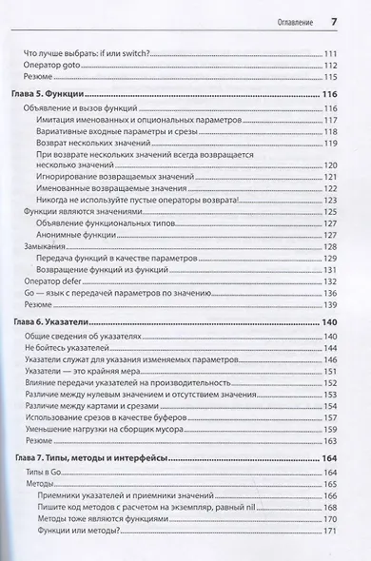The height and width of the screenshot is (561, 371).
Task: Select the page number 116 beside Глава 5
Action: [x=330, y=96]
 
